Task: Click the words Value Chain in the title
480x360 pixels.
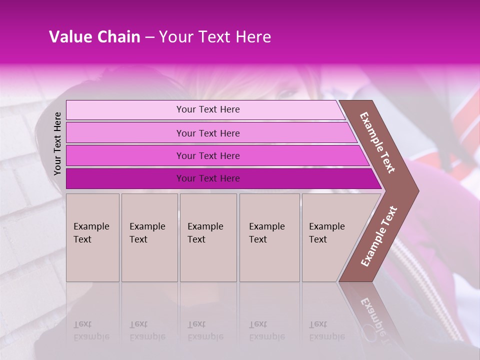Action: pos(94,37)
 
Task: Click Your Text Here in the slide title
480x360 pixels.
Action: pos(215,37)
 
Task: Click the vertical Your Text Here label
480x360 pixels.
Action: pos(57,143)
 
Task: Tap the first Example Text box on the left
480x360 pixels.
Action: pos(92,237)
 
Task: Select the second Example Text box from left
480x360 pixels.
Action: pos(149,237)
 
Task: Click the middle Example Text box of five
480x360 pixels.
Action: pos(208,237)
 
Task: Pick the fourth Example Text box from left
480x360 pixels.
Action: pos(269,237)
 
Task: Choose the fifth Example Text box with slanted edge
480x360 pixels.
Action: pos(330,237)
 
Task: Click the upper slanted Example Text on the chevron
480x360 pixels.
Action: pos(377,142)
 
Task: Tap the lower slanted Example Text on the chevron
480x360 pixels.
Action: pos(378,236)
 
